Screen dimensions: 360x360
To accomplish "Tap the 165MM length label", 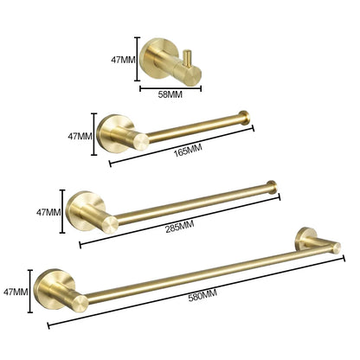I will [187, 150].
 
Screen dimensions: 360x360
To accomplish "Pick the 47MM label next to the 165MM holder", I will [80, 136].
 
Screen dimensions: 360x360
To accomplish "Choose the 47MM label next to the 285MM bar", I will [47, 211].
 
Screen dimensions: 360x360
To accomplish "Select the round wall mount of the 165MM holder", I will [112, 132].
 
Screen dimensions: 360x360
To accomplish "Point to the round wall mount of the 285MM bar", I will [82, 208].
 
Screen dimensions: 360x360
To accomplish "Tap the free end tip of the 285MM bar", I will [272, 184].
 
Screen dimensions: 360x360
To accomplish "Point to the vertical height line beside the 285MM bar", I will [61, 211].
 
